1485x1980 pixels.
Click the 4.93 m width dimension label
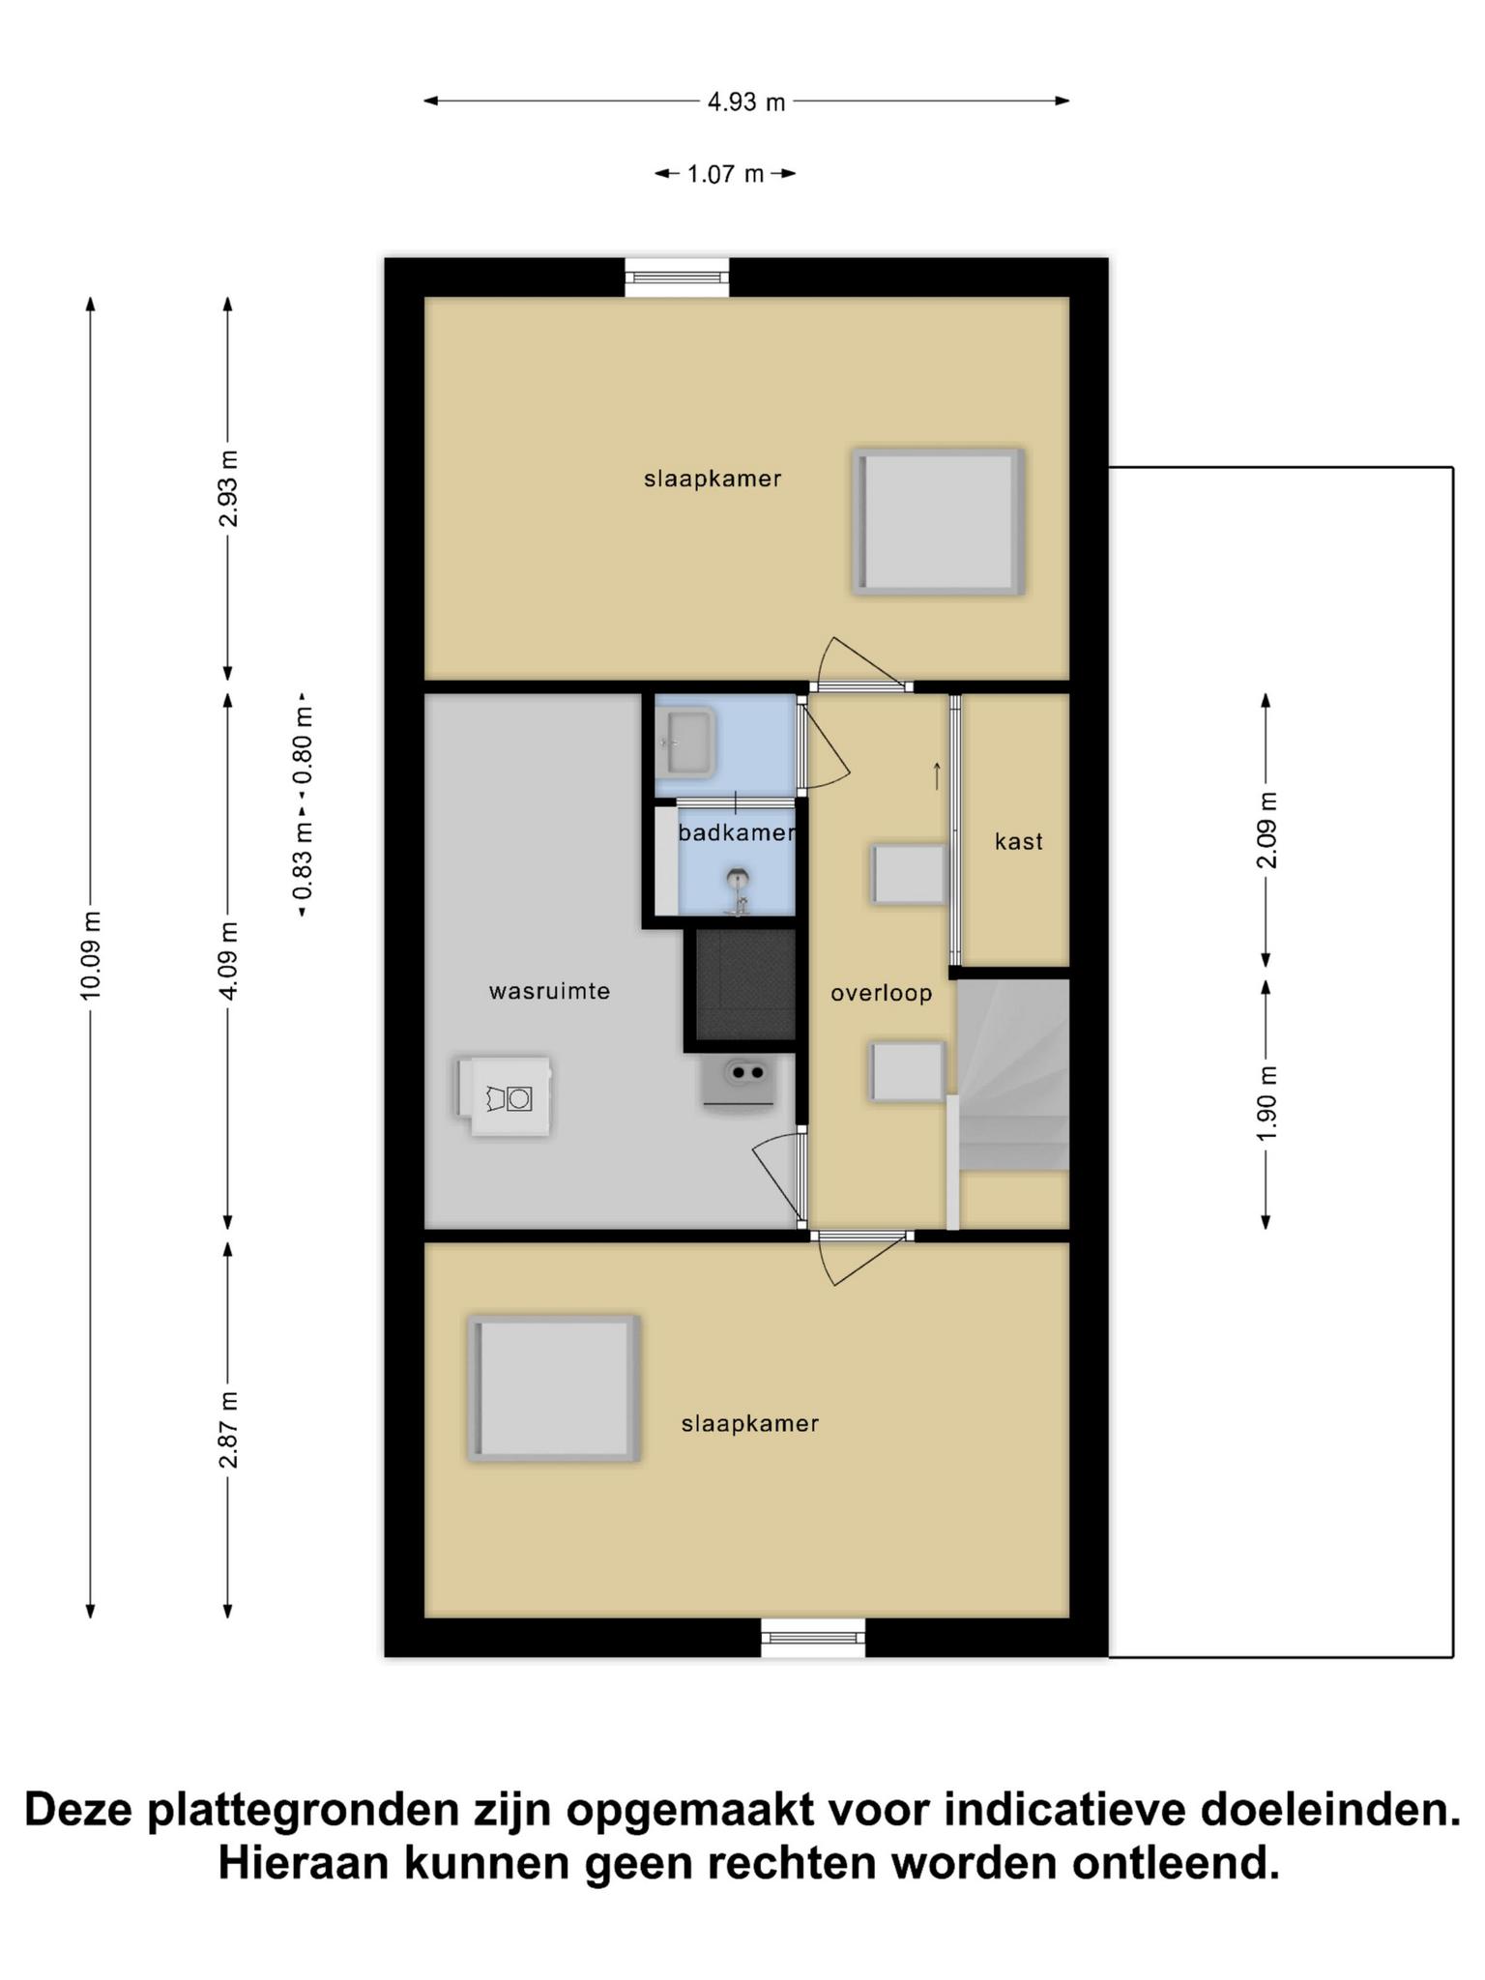(746, 102)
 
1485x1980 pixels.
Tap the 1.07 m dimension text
(725, 174)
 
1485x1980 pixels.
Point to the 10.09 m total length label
(90, 955)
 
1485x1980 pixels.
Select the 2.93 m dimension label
(228, 489)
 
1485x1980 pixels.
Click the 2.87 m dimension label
(228, 1430)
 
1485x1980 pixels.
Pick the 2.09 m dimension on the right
(1267, 830)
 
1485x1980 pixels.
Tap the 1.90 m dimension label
(1267, 1103)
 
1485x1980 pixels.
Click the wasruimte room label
(549, 991)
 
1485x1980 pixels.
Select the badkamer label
(737, 832)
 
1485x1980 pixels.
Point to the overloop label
(881, 993)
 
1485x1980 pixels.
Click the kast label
(1019, 842)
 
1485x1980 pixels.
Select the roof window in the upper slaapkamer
(938, 521)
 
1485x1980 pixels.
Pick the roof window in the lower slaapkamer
(553, 1387)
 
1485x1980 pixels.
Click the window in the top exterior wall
(677, 277)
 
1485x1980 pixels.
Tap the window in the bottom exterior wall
(813, 1637)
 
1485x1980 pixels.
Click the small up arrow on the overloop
(937, 775)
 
